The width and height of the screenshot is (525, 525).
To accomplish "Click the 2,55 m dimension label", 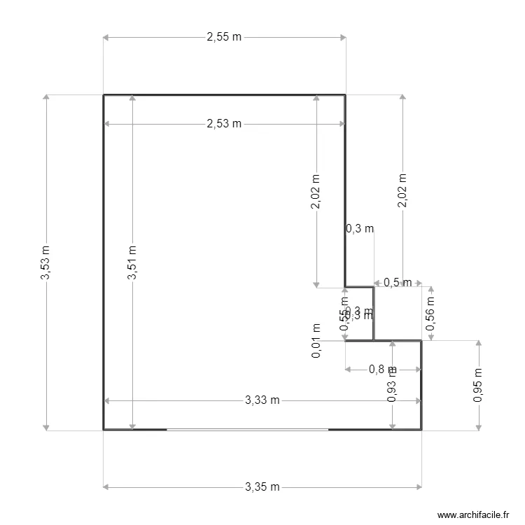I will (224, 38).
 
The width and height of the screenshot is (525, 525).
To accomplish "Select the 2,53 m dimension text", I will (224, 124).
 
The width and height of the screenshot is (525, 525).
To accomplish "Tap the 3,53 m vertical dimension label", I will (45, 262).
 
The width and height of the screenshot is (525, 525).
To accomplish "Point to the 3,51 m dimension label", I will (132, 262).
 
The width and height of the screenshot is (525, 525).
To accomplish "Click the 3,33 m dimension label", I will (262, 400).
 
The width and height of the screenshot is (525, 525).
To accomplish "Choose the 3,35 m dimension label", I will (262, 486).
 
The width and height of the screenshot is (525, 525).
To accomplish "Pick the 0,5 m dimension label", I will (398, 283).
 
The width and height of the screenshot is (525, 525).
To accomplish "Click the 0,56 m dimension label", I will (430, 314).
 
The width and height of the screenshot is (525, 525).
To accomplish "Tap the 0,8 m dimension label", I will (380, 370).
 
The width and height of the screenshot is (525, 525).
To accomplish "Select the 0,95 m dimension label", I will (479, 385).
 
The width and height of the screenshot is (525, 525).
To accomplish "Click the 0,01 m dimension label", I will (316, 341).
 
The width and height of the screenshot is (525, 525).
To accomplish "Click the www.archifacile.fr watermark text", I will (473, 514).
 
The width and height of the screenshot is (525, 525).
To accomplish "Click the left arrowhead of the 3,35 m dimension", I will (107, 486).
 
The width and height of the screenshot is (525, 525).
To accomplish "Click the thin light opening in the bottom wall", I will (247, 429).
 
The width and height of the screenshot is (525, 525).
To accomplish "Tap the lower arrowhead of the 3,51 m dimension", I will (132, 426).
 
